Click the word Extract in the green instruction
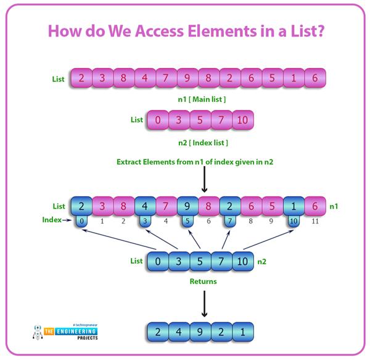(132, 162)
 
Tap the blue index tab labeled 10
(293, 219)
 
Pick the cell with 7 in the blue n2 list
(220, 261)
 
